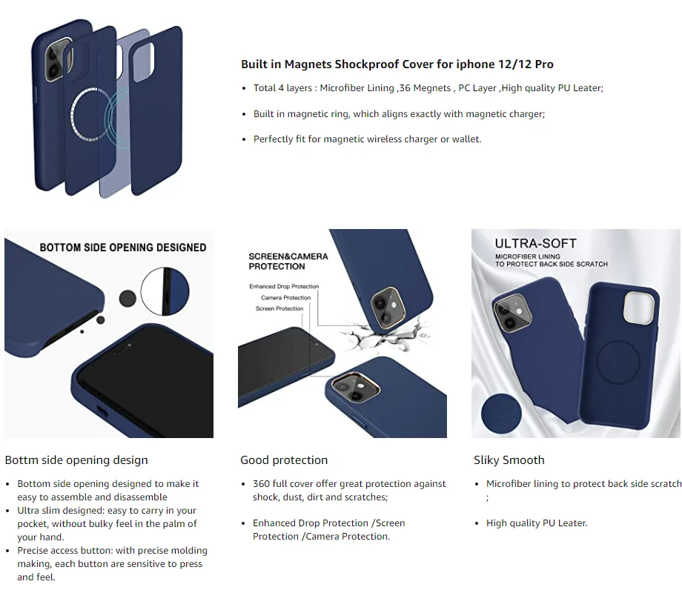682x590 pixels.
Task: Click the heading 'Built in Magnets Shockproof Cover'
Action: point(397,64)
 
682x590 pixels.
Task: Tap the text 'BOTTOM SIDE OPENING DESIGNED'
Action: point(123,248)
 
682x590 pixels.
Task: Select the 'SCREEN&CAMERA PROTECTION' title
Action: point(288,261)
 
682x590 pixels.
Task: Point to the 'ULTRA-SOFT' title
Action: point(535,243)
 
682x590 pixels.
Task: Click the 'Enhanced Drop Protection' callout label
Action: point(284,286)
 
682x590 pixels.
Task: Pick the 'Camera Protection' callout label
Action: point(286,298)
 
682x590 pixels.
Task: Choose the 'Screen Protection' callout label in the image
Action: point(279,308)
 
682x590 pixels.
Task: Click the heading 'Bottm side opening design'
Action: point(76,460)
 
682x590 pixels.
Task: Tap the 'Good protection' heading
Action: point(284,460)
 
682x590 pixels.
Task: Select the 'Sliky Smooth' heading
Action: point(509,460)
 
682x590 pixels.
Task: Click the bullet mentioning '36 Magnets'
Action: point(428,88)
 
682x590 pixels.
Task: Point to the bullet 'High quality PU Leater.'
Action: point(536,523)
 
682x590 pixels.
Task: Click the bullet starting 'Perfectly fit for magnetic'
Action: point(367,139)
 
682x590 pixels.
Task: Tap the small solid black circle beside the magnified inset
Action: point(128,298)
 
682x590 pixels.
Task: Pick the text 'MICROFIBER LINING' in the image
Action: point(528,256)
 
